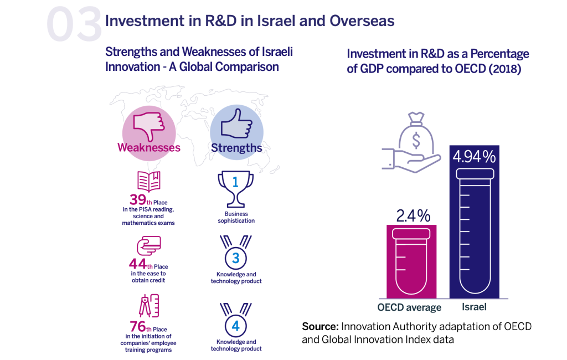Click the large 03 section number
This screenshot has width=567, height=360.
[74, 24]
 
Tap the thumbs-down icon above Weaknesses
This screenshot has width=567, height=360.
[148, 124]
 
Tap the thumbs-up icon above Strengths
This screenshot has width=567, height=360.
[236, 124]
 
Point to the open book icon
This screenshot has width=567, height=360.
[148, 182]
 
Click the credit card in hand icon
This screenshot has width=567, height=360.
[148, 245]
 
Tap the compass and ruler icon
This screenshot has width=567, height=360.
[148, 308]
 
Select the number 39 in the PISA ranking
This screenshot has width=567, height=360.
[137, 200]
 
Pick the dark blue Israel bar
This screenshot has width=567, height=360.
[475, 233]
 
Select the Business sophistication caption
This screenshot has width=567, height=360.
[236, 217]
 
